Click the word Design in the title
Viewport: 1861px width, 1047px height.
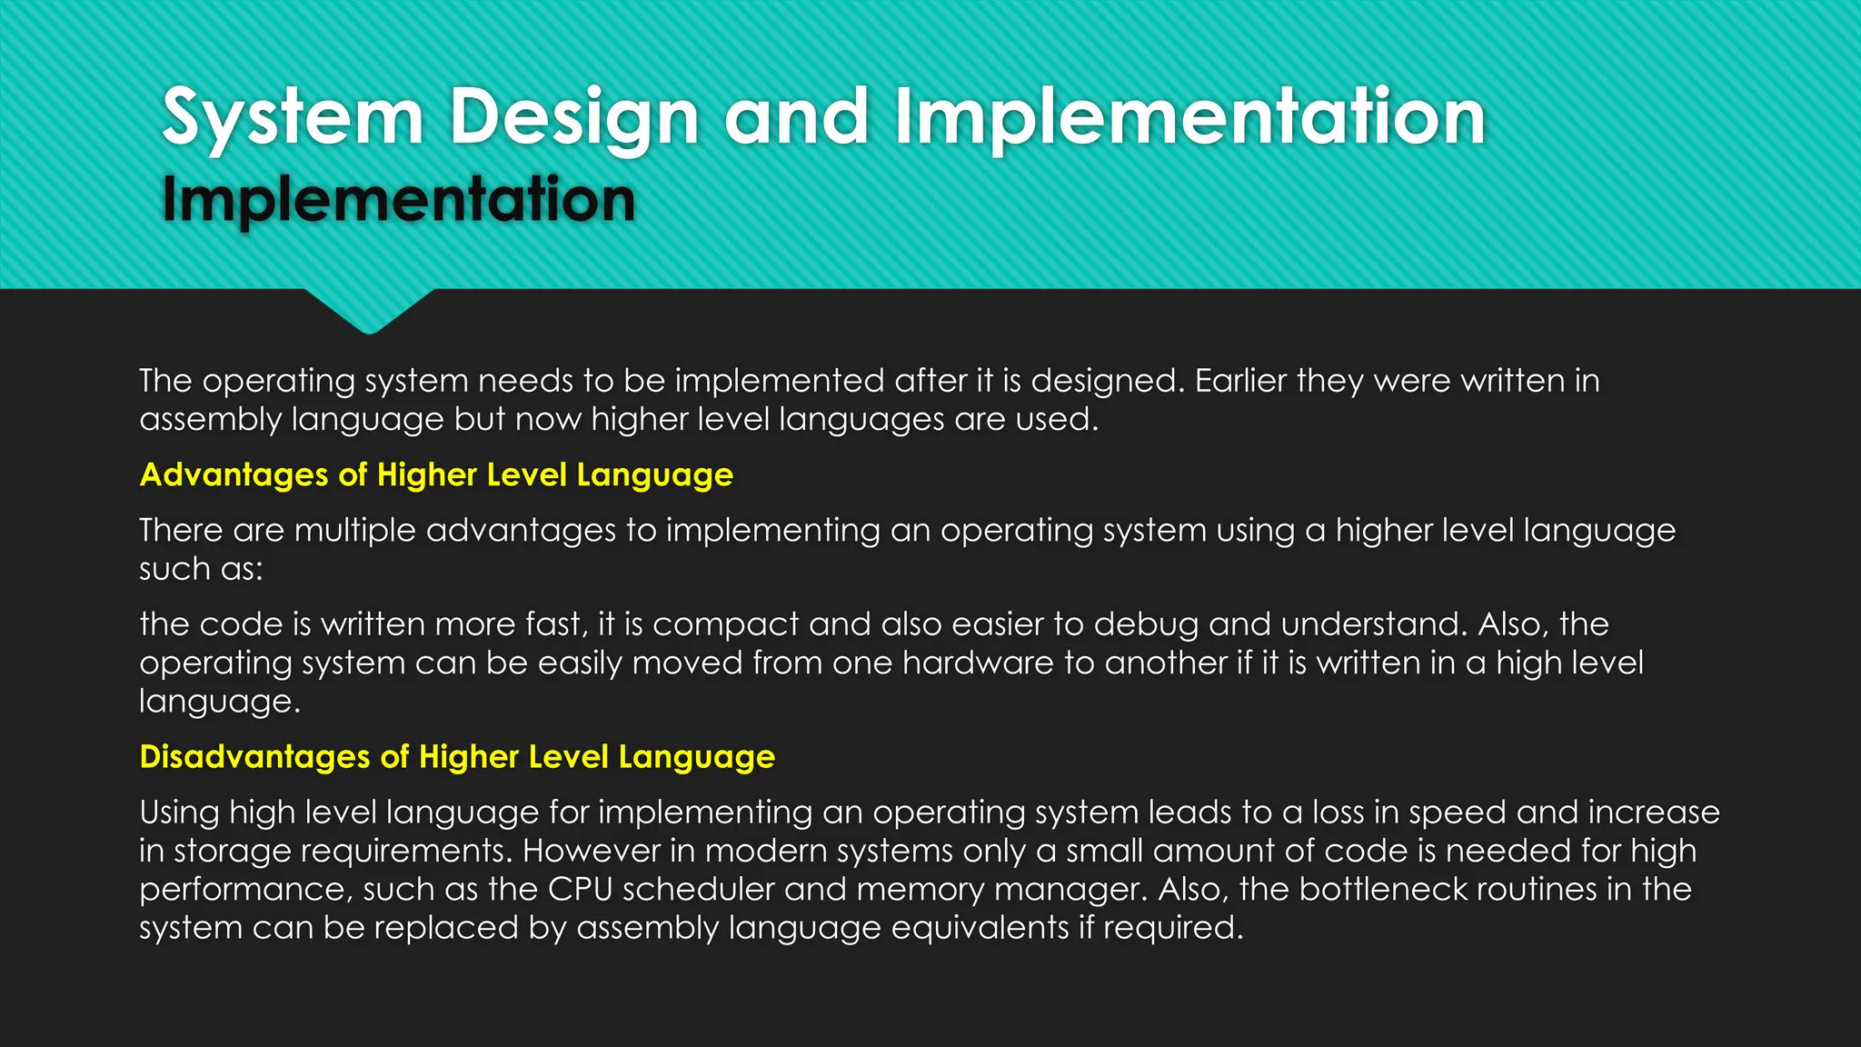[574, 118]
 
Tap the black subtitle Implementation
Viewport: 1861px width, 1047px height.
[398, 200]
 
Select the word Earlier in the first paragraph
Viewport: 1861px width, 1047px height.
[1239, 381]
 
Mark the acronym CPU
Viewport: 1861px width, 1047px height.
[580, 889]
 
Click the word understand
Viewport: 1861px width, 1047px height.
[1374, 624]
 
